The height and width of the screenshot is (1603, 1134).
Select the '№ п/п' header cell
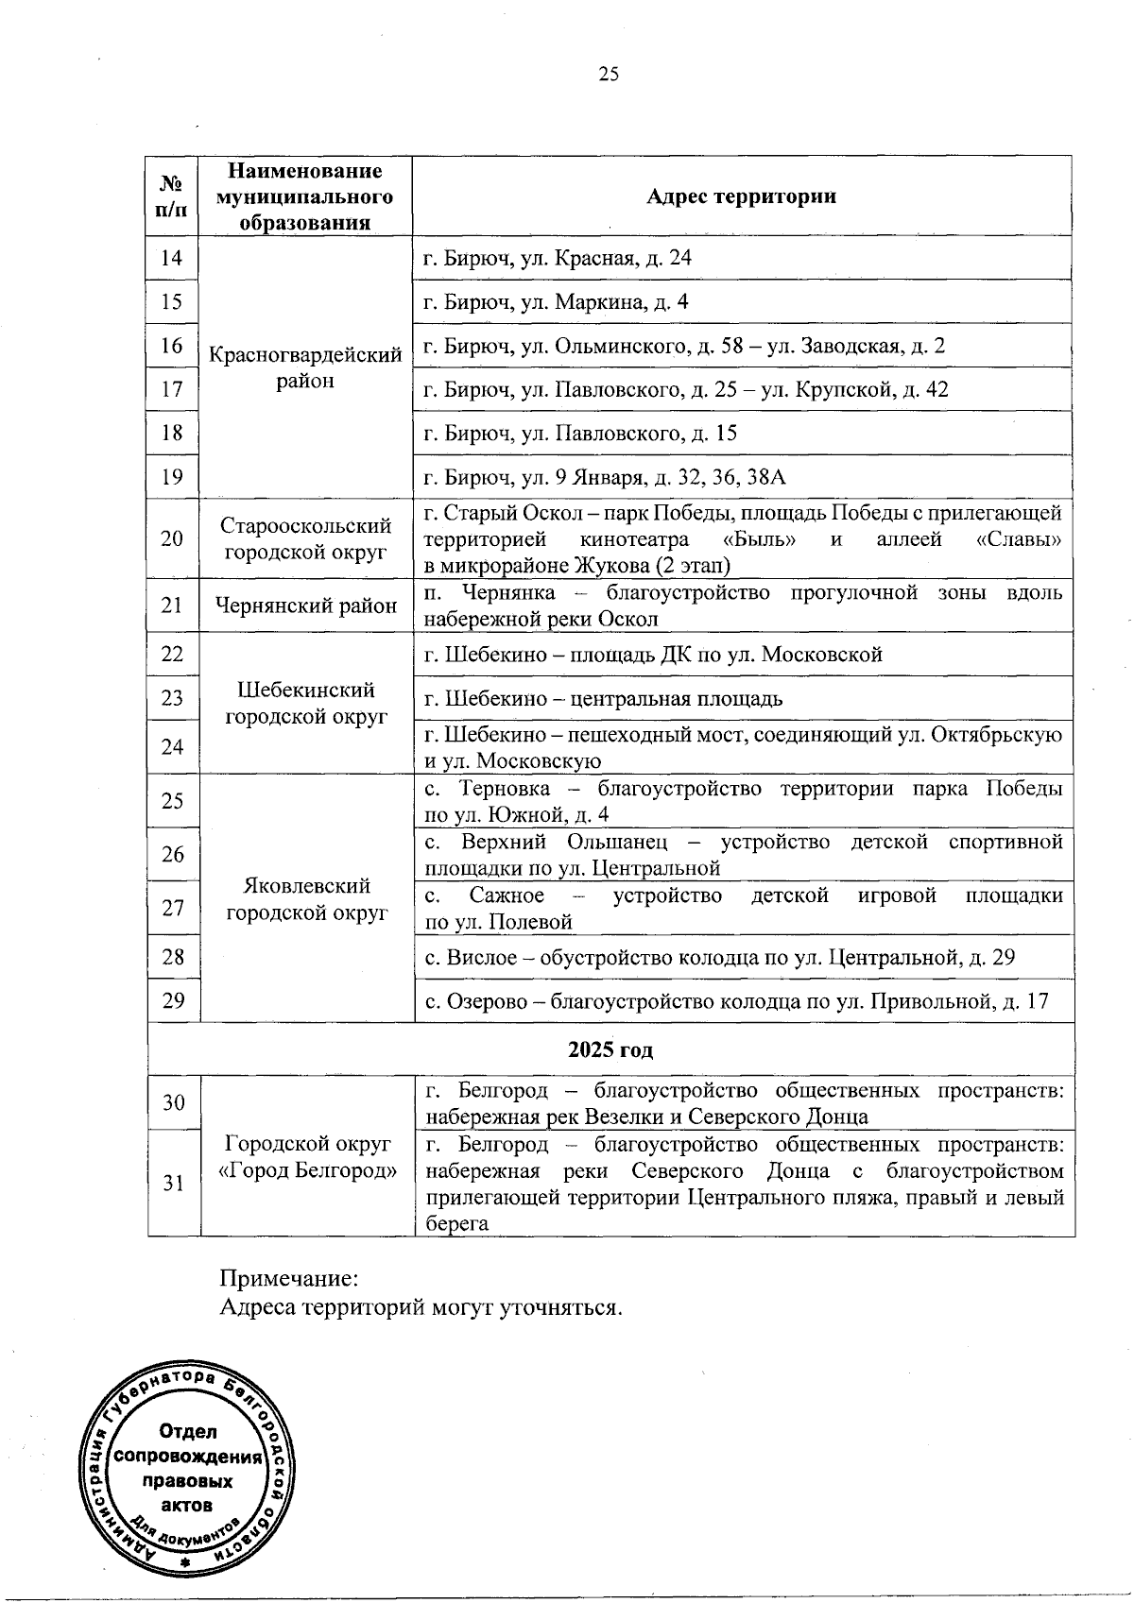tap(171, 196)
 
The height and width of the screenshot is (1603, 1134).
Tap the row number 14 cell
tap(171, 258)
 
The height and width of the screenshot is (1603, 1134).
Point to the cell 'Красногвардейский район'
tap(305, 368)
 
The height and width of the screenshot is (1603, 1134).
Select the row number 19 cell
tap(171, 477)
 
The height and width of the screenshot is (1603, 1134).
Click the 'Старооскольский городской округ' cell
tap(305, 538)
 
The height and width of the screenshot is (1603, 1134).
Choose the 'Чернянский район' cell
tap(305, 605)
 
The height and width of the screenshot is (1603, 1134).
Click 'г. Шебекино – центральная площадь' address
tap(603, 699)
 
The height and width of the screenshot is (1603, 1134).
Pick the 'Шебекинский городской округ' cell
tap(305, 703)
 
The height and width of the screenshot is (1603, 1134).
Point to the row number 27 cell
tap(173, 908)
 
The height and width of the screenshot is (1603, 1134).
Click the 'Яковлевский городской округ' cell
tap(307, 899)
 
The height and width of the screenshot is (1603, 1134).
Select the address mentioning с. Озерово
tap(736, 1001)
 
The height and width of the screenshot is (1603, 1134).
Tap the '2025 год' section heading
tap(610, 1050)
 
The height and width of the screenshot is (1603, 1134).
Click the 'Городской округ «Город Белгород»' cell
tap(307, 1157)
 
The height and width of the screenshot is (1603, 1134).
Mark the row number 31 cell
tap(173, 1183)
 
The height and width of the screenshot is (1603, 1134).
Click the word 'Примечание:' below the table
tap(289, 1280)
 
